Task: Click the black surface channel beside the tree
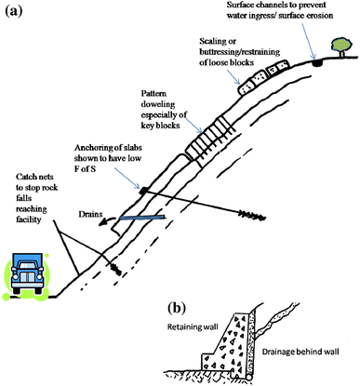(x=317, y=63)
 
